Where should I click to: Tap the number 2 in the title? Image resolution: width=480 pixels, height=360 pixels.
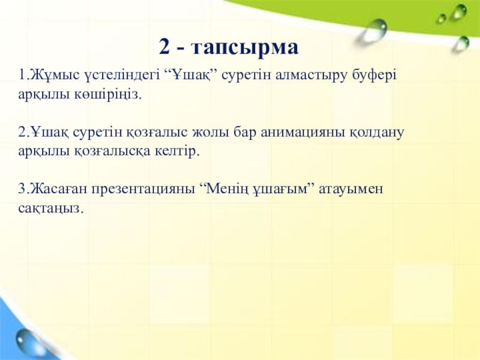(164, 47)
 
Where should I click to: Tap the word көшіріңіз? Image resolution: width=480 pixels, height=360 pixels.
(107, 95)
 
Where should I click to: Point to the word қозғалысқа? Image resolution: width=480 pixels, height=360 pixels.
(112, 152)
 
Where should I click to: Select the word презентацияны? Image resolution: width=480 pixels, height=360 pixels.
(143, 190)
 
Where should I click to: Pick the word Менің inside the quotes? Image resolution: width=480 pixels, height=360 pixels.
(227, 189)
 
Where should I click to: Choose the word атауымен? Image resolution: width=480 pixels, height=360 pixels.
(351, 190)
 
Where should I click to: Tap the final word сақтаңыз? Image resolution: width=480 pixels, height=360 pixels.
(51, 209)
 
